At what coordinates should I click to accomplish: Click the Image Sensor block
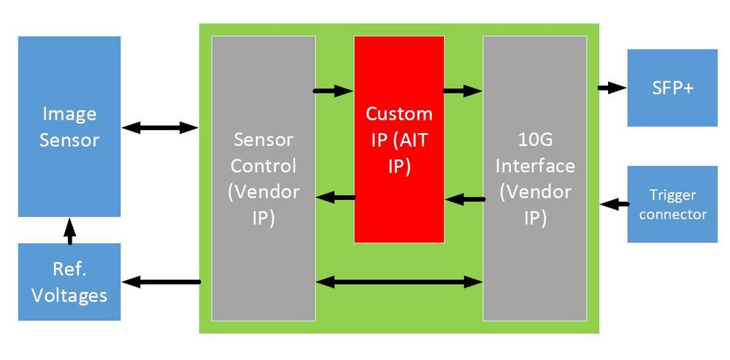[x=69, y=126]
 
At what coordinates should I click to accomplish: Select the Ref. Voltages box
[x=69, y=282]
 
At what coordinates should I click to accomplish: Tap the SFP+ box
[x=672, y=88]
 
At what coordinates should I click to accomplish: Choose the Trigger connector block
[x=672, y=204]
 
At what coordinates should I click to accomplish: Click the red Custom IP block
[x=399, y=139]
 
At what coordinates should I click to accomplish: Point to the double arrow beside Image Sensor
[x=161, y=128]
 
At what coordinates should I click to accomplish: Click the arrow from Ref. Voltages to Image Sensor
[x=69, y=230]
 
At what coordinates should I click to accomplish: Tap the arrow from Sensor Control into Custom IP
[x=334, y=91]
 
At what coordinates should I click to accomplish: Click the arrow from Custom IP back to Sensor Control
[x=335, y=197]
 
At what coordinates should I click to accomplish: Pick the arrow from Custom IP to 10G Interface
[x=462, y=91]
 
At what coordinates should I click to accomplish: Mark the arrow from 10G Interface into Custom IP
[x=464, y=198]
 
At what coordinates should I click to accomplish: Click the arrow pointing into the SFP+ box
[x=612, y=88]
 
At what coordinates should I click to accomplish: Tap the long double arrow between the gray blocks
[x=399, y=281]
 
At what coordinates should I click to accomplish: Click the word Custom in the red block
[x=399, y=114]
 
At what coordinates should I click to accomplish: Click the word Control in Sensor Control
[x=264, y=165]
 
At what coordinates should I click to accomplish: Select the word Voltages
[x=69, y=295]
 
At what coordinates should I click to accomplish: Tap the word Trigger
[x=672, y=195]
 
